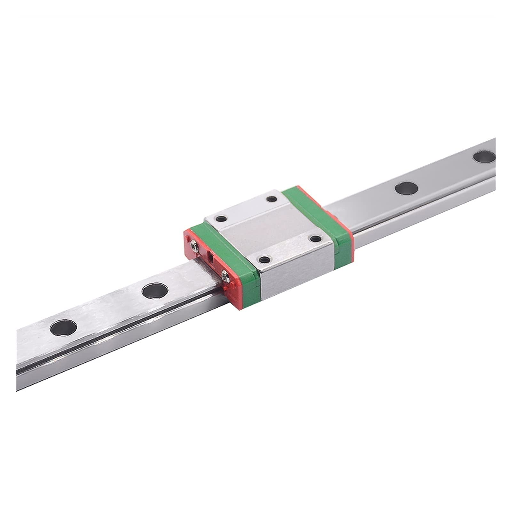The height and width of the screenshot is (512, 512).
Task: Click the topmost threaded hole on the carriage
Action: pos(272,199)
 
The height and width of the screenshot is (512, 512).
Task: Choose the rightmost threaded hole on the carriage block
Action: pos(316,238)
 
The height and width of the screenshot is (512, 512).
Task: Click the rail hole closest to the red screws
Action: pos(154,290)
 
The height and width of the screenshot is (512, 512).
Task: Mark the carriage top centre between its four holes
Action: pos(268,229)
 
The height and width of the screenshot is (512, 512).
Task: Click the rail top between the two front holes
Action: pos(109,309)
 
